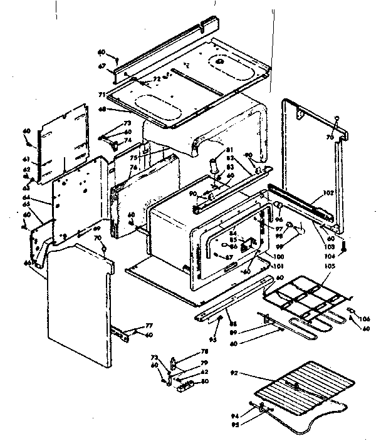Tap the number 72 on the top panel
click(x=157, y=80)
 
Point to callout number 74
click(x=127, y=140)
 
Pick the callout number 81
click(x=230, y=149)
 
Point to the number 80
click(x=206, y=381)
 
